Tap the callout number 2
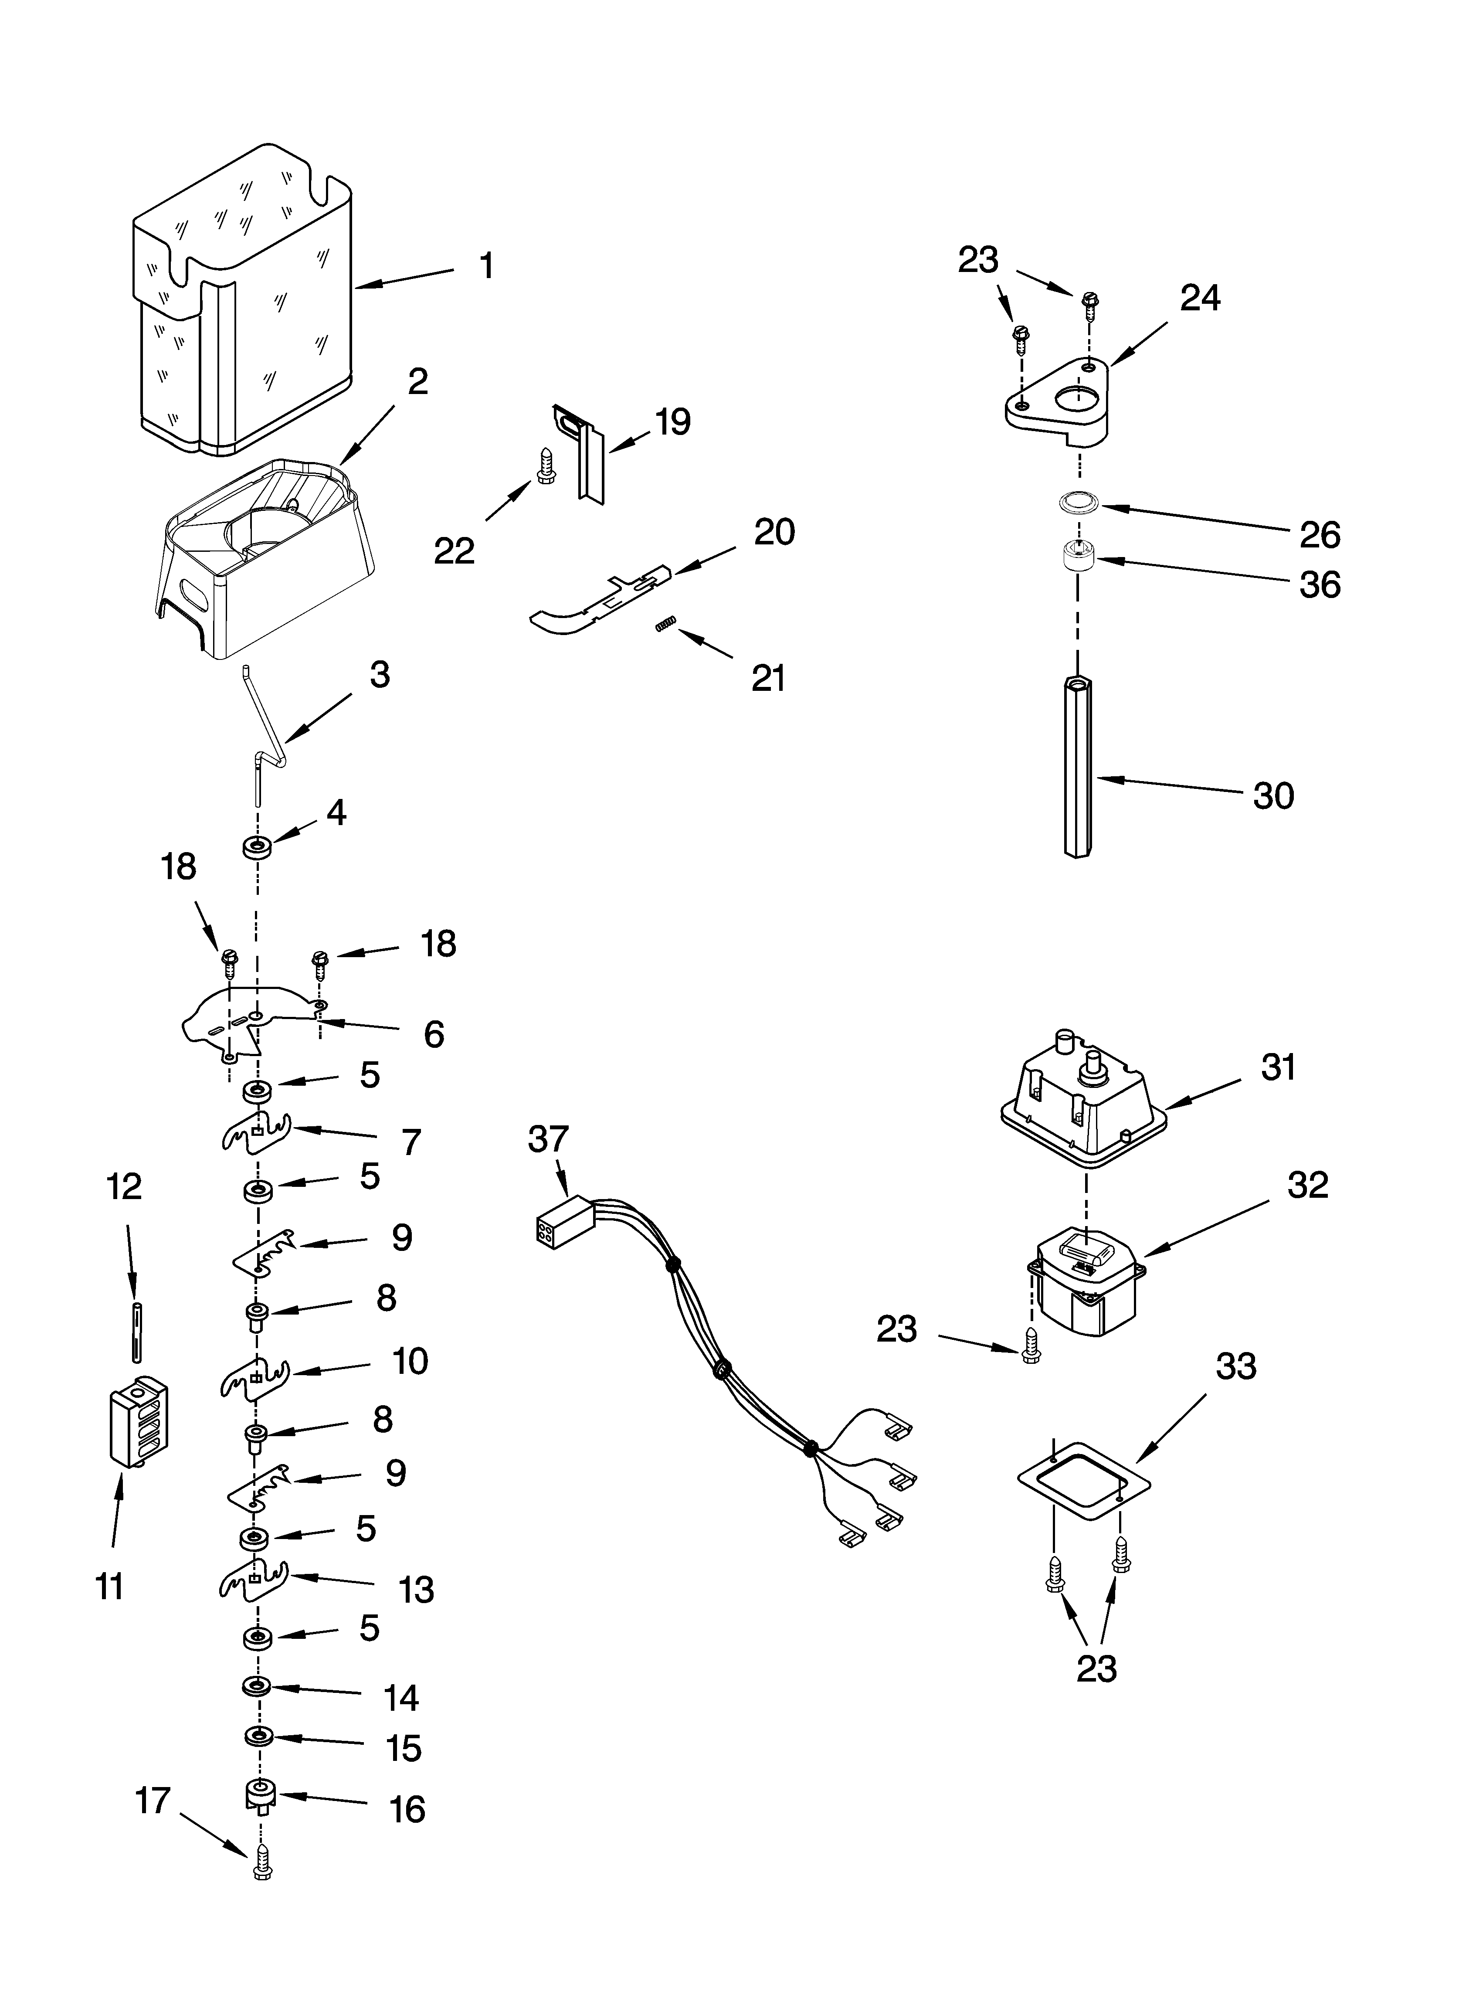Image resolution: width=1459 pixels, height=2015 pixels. pyautogui.click(x=417, y=382)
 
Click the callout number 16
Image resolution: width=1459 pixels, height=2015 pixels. pyautogui.click(x=407, y=1810)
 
